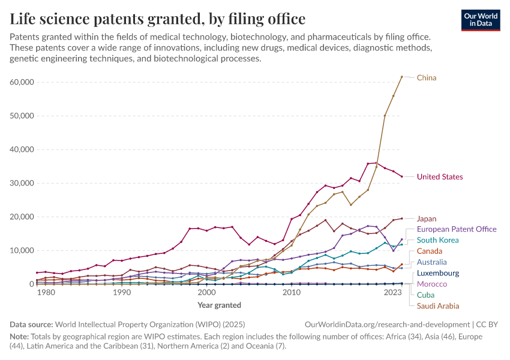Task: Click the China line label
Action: pyautogui.click(x=427, y=78)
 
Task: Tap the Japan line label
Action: pyautogui.click(x=427, y=219)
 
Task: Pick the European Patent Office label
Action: pyautogui.click(x=457, y=229)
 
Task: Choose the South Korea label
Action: pyautogui.click(x=437, y=240)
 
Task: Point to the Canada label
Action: pyautogui.click(x=430, y=251)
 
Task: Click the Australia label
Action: pyautogui.click(x=431, y=262)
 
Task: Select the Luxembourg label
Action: pyautogui.click(x=437, y=273)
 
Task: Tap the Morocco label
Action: pyautogui.click(x=432, y=284)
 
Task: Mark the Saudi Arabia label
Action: pyautogui.click(x=439, y=305)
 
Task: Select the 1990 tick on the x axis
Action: pyautogui.click(x=122, y=293)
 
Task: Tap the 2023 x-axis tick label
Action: pyautogui.click(x=394, y=293)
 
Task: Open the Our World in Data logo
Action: pyautogui.click(x=481, y=20)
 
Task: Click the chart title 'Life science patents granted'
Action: pyautogui.click(x=157, y=19)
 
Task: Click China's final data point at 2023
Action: pyautogui.click(x=402, y=77)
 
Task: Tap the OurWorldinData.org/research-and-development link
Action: pyautogui.click(x=386, y=324)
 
